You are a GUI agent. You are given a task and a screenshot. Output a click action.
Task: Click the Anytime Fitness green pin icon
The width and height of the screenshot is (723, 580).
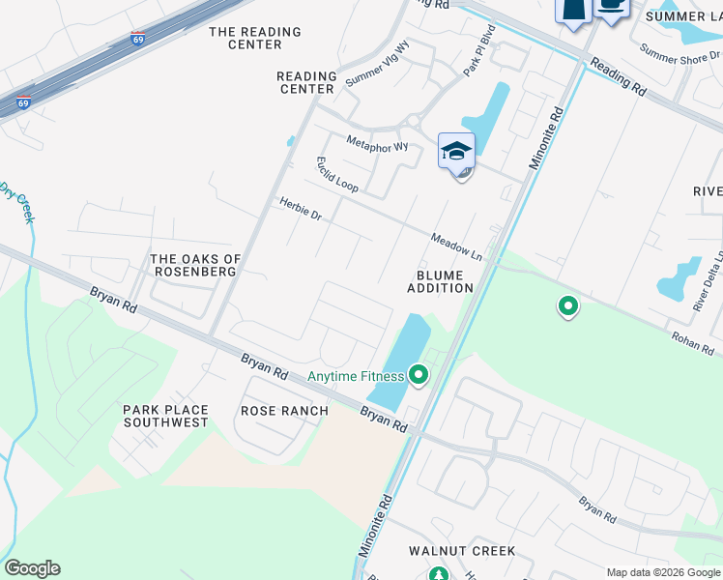(x=419, y=374)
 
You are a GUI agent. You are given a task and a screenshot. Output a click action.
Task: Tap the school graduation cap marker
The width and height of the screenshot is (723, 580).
(x=456, y=152)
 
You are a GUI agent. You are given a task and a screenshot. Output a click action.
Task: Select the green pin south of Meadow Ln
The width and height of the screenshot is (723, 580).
(x=568, y=307)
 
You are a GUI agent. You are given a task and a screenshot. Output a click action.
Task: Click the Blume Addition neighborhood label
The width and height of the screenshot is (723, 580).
(x=440, y=281)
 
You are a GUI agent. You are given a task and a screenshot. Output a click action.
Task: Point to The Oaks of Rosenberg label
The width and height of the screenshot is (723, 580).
(x=195, y=265)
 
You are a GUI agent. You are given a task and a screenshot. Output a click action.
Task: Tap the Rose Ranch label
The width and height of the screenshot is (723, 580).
(x=284, y=411)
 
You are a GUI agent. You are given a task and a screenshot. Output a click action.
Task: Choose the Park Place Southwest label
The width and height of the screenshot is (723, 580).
(x=165, y=417)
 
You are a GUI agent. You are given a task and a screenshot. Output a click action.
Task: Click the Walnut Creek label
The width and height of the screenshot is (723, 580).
(x=462, y=551)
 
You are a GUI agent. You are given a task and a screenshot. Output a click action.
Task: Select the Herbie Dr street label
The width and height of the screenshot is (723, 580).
(x=300, y=209)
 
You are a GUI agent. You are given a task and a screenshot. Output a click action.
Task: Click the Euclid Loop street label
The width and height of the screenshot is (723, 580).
(x=336, y=173)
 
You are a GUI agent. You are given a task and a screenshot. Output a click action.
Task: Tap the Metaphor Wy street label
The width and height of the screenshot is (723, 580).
(x=377, y=146)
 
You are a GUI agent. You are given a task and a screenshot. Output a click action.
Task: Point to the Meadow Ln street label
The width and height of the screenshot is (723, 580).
(x=456, y=246)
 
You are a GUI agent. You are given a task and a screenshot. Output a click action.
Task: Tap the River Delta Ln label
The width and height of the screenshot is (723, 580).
(x=707, y=281)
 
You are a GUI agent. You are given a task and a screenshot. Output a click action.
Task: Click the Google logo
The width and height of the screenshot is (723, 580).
(x=32, y=568)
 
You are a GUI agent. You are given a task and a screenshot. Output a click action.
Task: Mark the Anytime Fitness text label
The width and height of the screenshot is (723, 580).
(x=355, y=376)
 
